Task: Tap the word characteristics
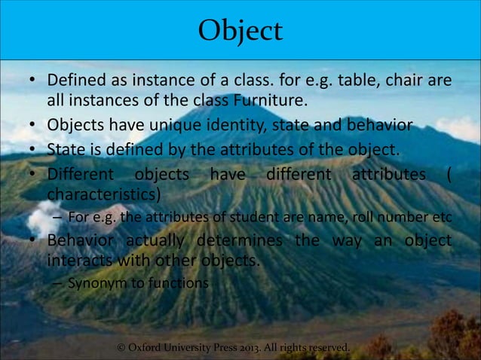click(104, 196)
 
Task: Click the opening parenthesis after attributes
click(449, 175)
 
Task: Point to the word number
click(408, 218)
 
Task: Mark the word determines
click(239, 242)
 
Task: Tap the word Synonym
click(95, 284)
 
